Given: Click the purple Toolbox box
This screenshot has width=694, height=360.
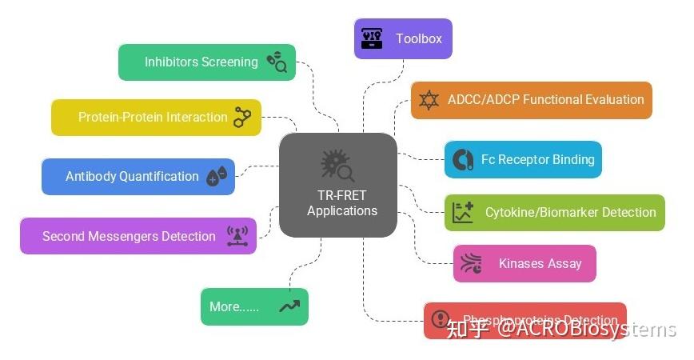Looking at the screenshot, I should (x=403, y=38).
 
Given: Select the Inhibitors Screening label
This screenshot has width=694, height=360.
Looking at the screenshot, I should (x=201, y=62).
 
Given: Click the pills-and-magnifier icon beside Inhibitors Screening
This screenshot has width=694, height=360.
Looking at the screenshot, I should (x=277, y=62).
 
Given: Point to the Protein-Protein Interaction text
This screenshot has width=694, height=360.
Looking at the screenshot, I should (x=153, y=117).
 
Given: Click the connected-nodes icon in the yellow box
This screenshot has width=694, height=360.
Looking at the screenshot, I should (x=242, y=117).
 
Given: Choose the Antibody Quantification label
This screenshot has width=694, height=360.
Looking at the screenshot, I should (x=132, y=176).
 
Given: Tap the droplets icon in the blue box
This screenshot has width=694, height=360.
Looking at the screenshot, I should (x=217, y=176).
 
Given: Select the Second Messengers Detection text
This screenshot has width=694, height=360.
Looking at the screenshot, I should (x=129, y=236).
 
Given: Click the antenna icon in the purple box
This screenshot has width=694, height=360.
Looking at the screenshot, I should (x=237, y=236).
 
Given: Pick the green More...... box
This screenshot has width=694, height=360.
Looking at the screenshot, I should (x=253, y=306).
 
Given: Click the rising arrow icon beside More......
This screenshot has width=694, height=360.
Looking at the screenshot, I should (x=289, y=306).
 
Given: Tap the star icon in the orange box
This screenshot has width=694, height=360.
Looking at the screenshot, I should (x=429, y=100).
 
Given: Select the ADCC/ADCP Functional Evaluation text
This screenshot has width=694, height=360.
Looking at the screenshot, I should (x=545, y=100).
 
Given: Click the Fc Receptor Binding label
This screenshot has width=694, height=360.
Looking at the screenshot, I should (x=537, y=159).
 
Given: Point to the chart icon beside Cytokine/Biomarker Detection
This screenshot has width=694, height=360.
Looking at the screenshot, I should (x=463, y=213).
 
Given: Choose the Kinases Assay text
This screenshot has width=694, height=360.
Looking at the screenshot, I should (x=540, y=263).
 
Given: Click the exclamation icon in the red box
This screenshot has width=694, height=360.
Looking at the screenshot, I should (x=441, y=320).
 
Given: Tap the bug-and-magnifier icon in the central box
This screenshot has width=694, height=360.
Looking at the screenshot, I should (x=337, y=166).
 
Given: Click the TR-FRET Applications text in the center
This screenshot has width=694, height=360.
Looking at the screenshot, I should (x=341, y=203).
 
